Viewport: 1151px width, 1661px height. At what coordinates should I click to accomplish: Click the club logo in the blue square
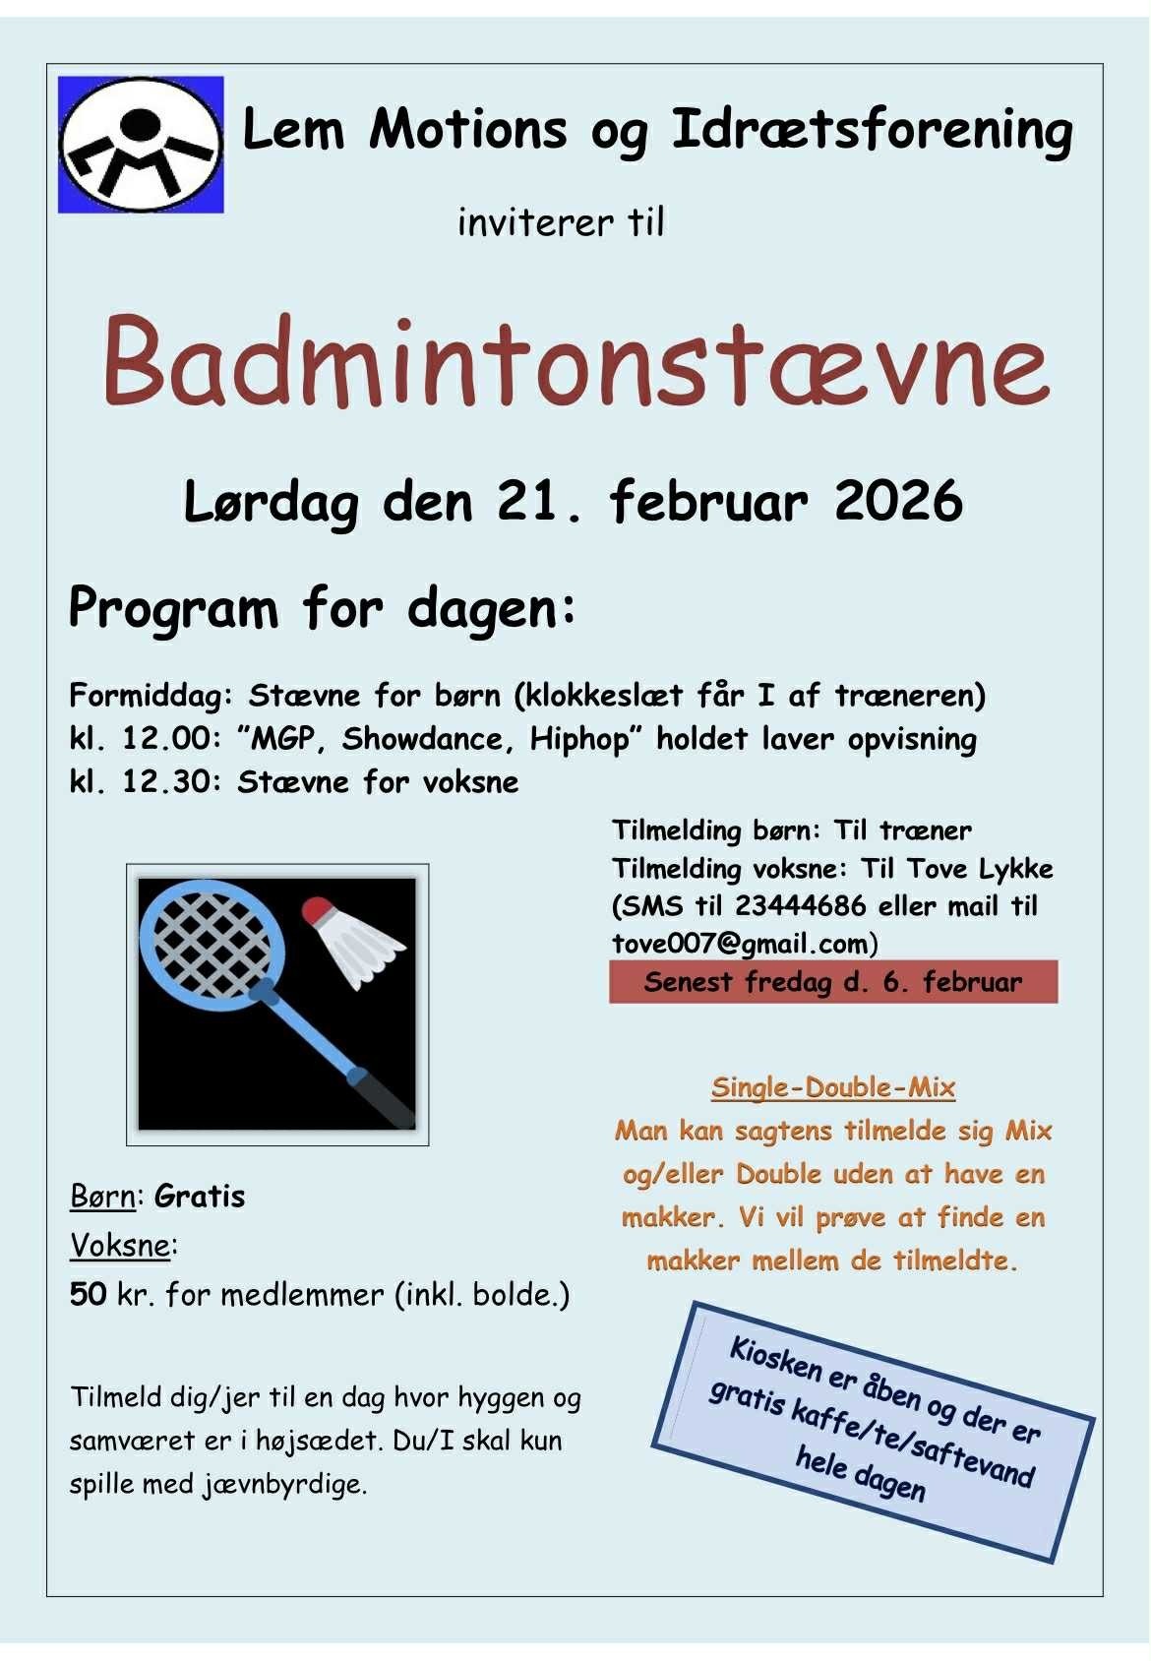click(141, 145)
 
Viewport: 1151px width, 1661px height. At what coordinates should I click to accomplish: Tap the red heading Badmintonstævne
click(576, 362)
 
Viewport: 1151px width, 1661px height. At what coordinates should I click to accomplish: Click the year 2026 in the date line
click(898, 501)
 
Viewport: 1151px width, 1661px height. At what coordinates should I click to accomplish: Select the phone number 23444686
click(800, 905)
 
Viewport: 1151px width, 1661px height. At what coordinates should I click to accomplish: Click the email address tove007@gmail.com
click(740, 944)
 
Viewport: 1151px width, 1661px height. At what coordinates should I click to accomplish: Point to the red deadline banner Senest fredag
click(832, 982)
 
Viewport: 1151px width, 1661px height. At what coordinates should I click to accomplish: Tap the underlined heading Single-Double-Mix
click(832, 1087)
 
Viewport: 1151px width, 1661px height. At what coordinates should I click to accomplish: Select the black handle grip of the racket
click(388, 1098)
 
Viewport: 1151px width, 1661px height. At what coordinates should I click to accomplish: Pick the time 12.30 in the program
click(174, 782)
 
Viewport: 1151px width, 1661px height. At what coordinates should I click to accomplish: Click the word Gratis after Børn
click(200, 1197)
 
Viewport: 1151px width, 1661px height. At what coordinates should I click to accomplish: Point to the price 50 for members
click(89, 1295)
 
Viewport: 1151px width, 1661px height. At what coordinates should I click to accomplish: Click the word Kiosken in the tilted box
click(776, 1358)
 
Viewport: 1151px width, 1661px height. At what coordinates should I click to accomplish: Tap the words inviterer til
click(561, 222)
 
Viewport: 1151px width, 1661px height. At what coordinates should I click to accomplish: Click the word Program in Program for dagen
click(174, 609)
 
